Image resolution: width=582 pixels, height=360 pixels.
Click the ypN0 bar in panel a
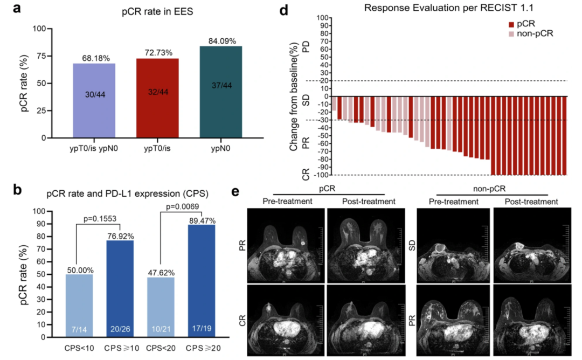pyautogui.click(x=220, y=92)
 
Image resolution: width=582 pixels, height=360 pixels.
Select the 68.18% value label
pyautogui.click(x=94, y=58)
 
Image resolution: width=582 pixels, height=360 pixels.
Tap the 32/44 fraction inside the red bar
pyautogui.click(x=157, y=92)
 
